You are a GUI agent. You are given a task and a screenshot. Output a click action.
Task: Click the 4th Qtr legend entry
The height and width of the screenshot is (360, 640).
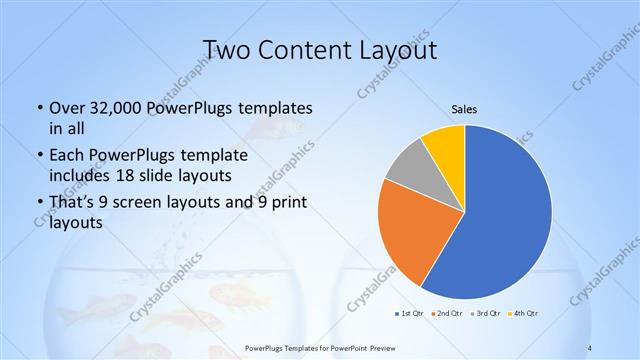tap(525, 313)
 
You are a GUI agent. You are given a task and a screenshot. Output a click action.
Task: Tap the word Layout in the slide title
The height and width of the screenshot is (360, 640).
tap(399, 49)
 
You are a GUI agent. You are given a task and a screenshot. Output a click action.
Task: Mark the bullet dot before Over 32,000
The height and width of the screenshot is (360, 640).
tap(39, 107)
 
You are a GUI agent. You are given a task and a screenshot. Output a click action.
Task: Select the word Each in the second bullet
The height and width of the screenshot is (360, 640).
tap(67, 156)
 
